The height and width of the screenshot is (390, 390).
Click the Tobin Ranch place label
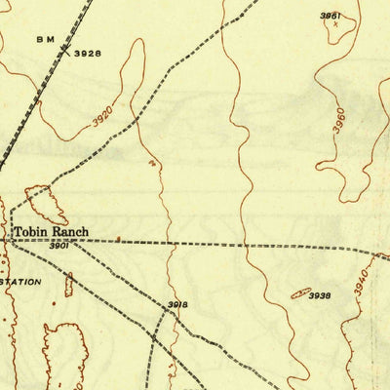50,232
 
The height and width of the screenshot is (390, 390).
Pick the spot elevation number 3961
332,16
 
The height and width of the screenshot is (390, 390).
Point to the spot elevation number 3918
176,305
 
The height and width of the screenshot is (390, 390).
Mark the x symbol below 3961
335,25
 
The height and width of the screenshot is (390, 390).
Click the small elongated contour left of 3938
299,292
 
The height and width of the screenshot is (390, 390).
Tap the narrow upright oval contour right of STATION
69,285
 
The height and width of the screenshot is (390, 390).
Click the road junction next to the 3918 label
162,311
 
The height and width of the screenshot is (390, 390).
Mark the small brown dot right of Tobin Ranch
118,237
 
